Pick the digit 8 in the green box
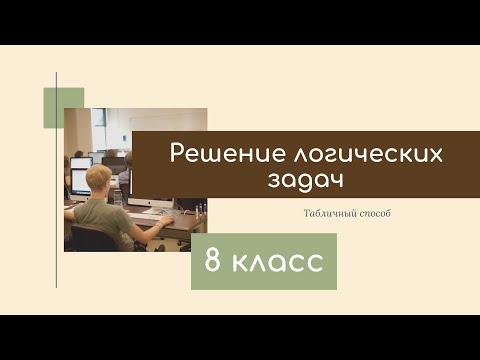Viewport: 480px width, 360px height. (x=214, y=262)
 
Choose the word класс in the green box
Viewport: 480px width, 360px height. (x=279, y=262)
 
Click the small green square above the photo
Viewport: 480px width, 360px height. (x=63, y=108)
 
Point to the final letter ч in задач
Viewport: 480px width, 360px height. (x=324, y=181)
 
